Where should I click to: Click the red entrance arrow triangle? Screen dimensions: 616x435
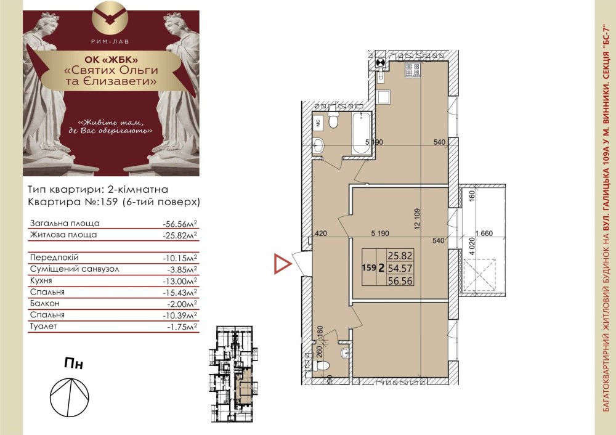click(x=283, y=264)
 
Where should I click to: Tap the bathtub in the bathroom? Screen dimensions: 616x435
click(x=360, y=134)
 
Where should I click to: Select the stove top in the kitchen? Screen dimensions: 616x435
click(x=413, y=70)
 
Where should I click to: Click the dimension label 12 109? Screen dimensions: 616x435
click(x=417, y=219)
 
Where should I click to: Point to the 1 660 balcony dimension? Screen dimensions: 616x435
click(x=484, y=234)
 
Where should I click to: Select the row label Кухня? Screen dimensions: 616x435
click(x=41, y=280)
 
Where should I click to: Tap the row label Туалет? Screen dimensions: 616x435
click(x=43, y=326)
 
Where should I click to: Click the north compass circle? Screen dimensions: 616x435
click(x=70, y=397)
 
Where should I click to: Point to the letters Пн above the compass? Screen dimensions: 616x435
click(x=74, y=364)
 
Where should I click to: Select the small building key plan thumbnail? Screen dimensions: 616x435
click(x=233, y=374)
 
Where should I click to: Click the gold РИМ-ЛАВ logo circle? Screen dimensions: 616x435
click(x=111, y=18)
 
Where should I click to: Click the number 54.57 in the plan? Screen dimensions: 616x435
click(x=400, y=269)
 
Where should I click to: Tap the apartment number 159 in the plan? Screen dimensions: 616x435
click(x=369, y=267)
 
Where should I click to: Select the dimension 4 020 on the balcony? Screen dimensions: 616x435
click(x=472, y=248)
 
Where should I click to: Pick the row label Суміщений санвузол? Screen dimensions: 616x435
click(x=75, y=269)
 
